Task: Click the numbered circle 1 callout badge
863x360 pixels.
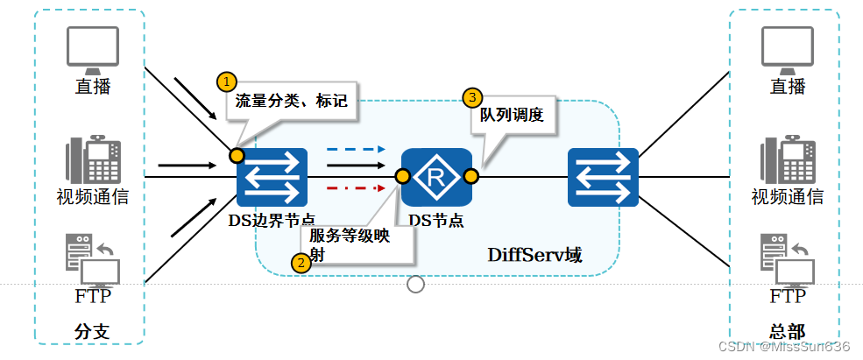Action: click(227, 81)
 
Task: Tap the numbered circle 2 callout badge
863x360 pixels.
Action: click(301, 262)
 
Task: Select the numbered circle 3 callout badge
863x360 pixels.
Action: click(472, 95)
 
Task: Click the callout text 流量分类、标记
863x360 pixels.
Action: click(291, 101)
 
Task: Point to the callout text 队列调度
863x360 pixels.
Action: click(512, 115)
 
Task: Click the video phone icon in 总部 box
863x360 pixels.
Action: click(787, 159)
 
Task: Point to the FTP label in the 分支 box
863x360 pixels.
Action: click(93, 296)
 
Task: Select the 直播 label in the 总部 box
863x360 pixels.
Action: click(787, 86)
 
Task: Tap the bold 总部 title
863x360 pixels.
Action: click(787, 332)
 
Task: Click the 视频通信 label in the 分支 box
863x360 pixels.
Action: click(93, 196)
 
